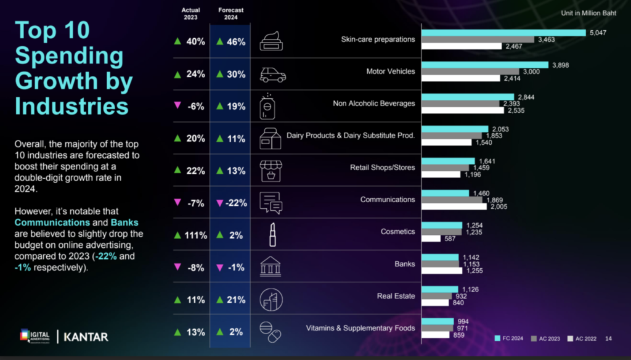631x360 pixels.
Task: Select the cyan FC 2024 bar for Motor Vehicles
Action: (x=484, y=65)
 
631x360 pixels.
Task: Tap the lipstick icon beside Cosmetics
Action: (x=272, y=234)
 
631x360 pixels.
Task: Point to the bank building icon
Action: (x=271, y=266)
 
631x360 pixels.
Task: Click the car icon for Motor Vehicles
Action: (x=272, y=75)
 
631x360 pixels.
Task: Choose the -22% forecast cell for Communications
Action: (x=232, y=203)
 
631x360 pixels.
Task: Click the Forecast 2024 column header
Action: (x=231, y=14)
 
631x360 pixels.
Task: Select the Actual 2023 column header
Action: (x=190, y=14)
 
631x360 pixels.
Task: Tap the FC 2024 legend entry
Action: (x=511, y=338)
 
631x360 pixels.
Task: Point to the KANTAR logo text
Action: (x=86, y=337)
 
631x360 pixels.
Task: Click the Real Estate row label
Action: (x=396, y=296)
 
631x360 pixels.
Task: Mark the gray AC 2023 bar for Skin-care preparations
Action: (x=478, y=39)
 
